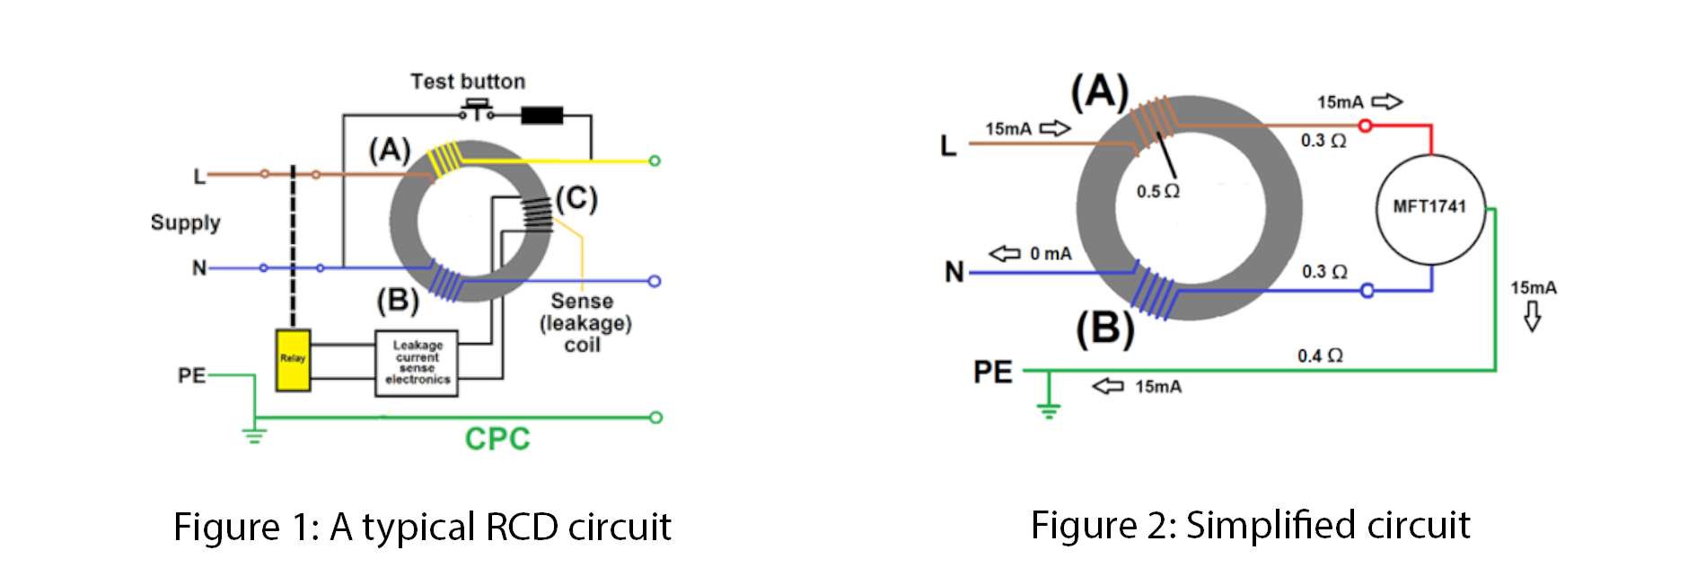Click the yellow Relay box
(x=293, y=360)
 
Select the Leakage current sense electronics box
(x=418, y=362)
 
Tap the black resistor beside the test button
(x=541, y=115)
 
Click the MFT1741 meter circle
(x=1430, y=208)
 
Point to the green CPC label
(x=497, y=439)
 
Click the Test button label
(x=468, y=82)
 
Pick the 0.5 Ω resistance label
(x=1157, y=191)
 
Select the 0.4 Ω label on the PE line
(x=1320, y=356)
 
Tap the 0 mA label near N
(x=1050, y=254)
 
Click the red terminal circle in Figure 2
(x=1366, y=126)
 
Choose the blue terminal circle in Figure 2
(x=1367, y=291)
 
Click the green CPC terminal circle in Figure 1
(x=655, y=417)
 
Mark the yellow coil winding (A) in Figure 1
(x=444, y=161)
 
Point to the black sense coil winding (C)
(x=538, y=214)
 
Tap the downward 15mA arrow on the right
(x=1533, y=316)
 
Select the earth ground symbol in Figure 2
(x=1049, y=408)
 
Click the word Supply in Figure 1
(x=185, y=223)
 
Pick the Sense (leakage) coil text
(x=585, y=323)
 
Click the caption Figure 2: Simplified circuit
(x=1250, y=525)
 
